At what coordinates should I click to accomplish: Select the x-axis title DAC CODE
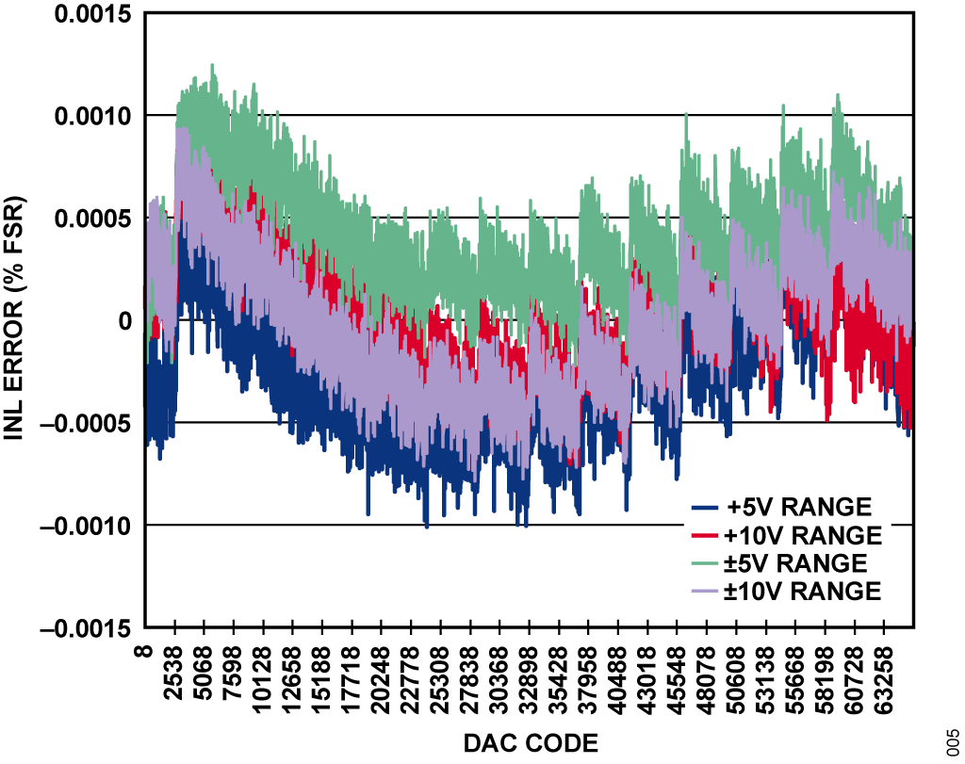[530, 744]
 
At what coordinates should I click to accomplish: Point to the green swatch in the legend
[706, 563]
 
